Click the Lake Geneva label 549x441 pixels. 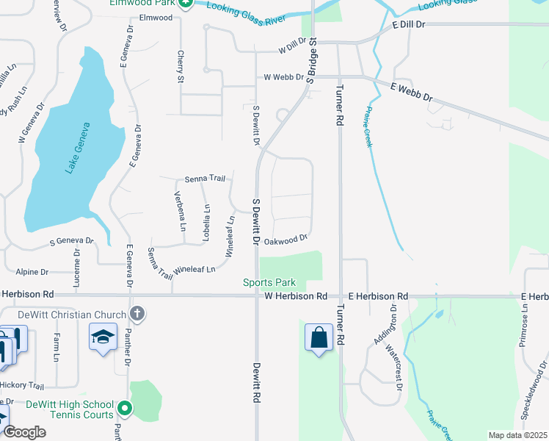point(76,148)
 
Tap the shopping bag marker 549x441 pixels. point(319,338)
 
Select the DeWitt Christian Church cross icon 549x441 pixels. point(136,315)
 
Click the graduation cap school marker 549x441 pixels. point(103,337)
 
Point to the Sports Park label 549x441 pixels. point(269,283)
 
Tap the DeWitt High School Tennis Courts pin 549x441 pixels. point(125,406)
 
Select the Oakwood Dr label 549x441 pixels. point(285,240)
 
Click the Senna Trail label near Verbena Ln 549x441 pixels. point(204,179)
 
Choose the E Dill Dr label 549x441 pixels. point(410,24)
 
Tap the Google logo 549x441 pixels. point(23,431)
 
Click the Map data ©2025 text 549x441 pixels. point(517,435)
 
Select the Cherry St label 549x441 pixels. point(180,66)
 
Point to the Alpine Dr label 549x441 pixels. point(31,272)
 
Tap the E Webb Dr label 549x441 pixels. point(412,92)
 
